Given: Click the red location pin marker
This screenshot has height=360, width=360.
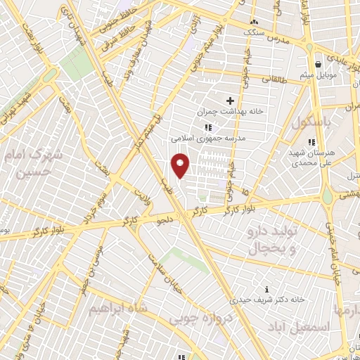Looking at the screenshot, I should tap(181, 165).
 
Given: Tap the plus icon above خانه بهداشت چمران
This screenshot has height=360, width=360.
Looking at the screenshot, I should tap(230, 101).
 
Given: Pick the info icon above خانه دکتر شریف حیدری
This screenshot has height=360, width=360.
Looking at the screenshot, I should tap(266, 289).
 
